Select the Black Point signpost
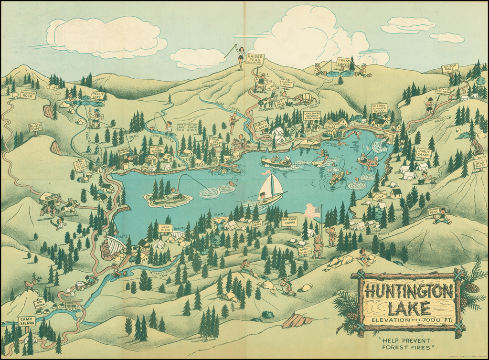point(36,127)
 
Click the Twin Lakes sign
point(343,62)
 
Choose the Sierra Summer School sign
point(380,108)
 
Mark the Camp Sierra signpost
point(27,321)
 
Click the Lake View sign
point(165,228)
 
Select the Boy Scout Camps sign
point(289,222)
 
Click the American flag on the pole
point(312,210)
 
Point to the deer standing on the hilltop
point(32,285)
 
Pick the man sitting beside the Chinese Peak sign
point(443,217)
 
